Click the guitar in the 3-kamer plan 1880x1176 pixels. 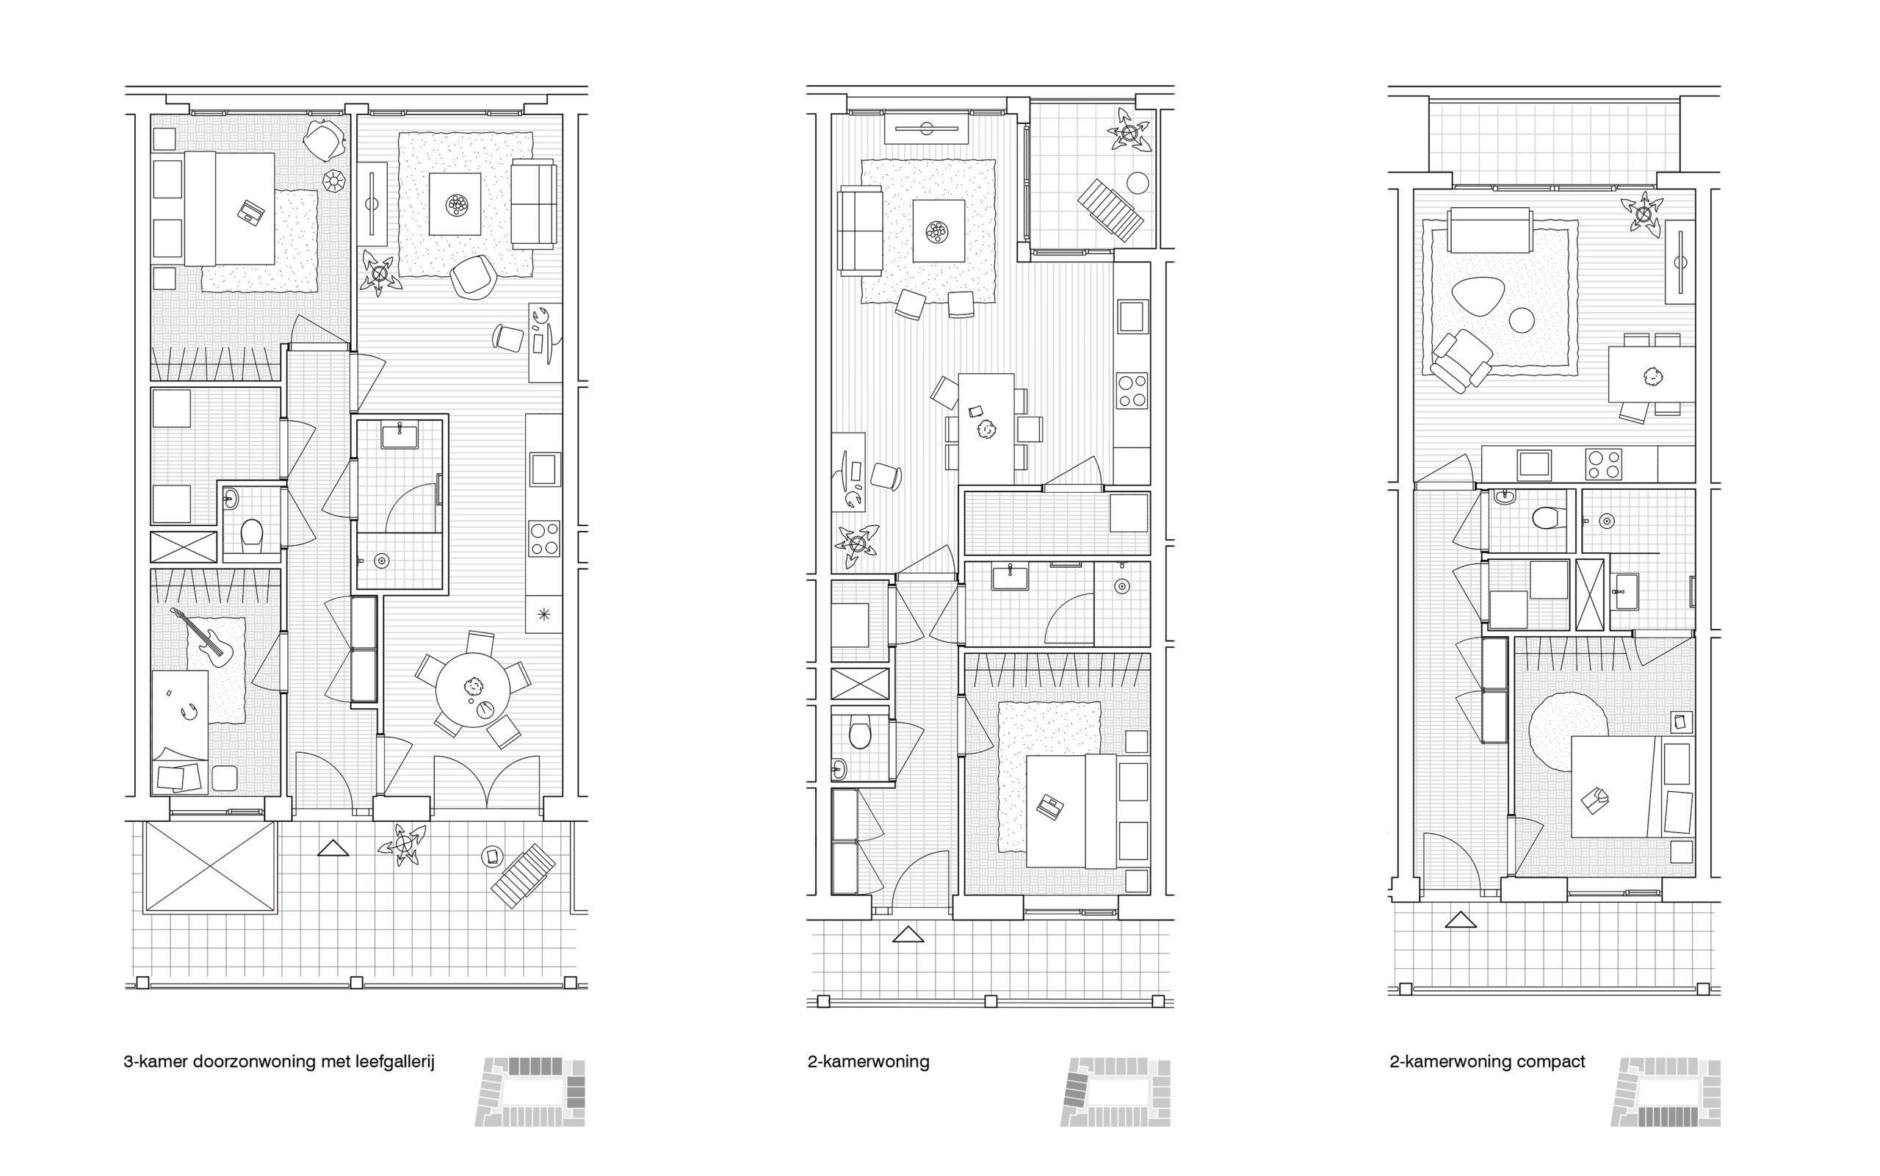pos(206,638)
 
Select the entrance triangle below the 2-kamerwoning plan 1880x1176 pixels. pos(908,934)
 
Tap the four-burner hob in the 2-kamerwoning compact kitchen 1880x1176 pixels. pos(1603,464)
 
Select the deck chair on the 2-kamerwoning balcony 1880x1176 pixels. pos(1110,211)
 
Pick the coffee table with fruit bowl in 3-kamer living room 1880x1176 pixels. pos(455,203)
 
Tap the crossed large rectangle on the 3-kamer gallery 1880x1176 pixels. pos(211,866)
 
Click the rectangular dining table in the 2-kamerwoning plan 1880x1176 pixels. pos(986,428)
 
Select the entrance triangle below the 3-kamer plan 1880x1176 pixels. pos(333,848)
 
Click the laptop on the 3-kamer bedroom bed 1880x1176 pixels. pos(251,212)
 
